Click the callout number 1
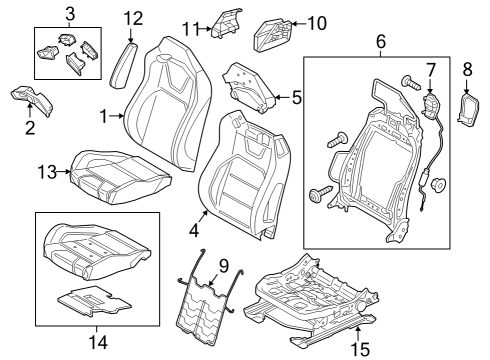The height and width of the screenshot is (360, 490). [x=103, y=116]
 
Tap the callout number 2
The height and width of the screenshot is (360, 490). [x=30, y=128]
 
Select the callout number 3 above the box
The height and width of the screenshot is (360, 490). [x=69, y=14]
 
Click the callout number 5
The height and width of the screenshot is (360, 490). [x=296, y=98]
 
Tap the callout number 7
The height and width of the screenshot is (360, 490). [x=431, y=69]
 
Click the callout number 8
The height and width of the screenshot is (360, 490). [x=467, y=69]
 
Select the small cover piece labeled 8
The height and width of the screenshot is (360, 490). [x=467, y=109]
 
